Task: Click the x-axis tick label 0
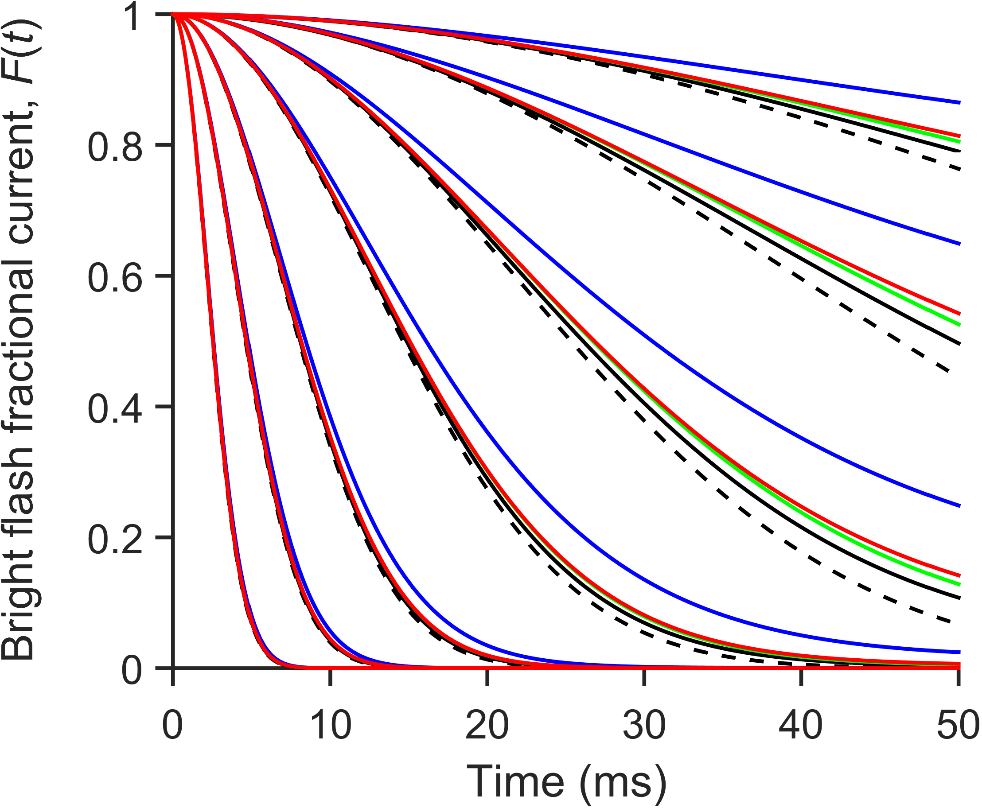pos(172,726)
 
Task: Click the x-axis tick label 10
pos(330,726)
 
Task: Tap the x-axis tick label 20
pos(487,726)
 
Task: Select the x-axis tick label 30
pos(644,726)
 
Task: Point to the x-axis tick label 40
pos(801,726)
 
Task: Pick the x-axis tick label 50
pos(958,726)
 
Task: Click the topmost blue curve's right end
pos(958,102)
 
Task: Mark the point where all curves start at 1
pos(173,15)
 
